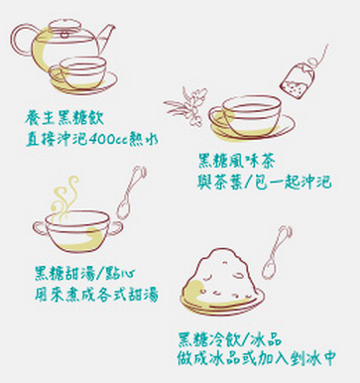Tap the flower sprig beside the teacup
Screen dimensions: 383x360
point(186,103)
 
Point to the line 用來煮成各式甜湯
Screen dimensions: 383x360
point(94,295)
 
